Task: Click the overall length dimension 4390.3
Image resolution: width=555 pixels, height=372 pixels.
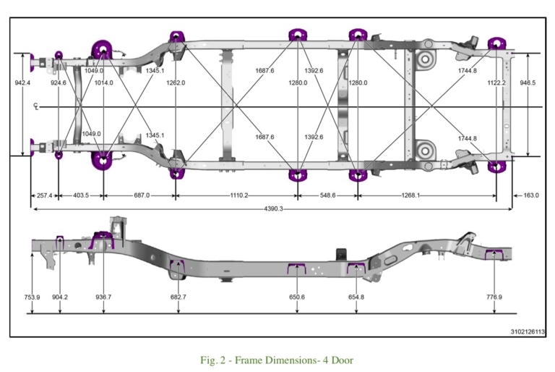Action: [273, 209]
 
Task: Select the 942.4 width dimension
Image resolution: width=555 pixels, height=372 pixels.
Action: [22, 83]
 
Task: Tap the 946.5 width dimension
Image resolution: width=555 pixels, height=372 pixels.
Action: [528, 83]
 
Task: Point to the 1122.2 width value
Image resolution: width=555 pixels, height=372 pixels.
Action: [496, 83]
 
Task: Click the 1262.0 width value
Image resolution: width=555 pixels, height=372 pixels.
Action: [176, 83]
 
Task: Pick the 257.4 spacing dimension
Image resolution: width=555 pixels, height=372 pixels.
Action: [44, 195]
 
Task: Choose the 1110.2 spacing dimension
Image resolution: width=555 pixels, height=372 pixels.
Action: [239, 195]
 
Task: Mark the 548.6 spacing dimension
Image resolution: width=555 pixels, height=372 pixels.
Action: [327, 195]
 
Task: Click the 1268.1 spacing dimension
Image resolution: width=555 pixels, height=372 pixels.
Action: [410, 195]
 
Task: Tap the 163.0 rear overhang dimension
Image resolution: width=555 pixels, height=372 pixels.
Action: [531, 195]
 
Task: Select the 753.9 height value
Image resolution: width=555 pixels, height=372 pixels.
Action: [32, 297]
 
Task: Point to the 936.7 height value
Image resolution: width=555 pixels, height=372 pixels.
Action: [103, 297]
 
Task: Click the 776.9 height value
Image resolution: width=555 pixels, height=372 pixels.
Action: [494, 297]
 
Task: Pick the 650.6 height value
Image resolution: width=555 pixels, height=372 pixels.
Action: [296, 297]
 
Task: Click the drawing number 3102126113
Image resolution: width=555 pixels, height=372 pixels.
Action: [528, 332]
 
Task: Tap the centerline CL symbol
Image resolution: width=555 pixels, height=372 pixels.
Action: [35, 106]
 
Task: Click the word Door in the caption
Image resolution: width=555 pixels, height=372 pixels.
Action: [343, 360]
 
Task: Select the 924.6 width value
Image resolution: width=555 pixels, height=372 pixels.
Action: [59, 83]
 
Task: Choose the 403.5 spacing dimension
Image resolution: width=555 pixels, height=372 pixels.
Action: [81, 195]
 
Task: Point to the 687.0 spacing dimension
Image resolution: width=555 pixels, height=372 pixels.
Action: [142, 195]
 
